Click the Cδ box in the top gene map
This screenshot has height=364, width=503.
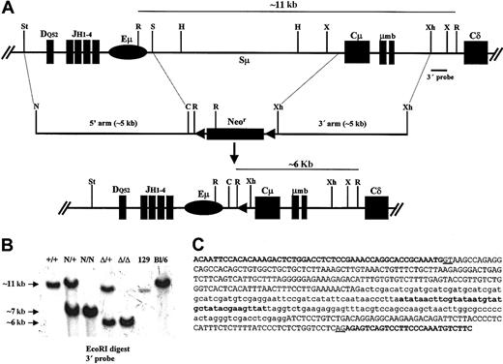[x=473, y=51]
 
